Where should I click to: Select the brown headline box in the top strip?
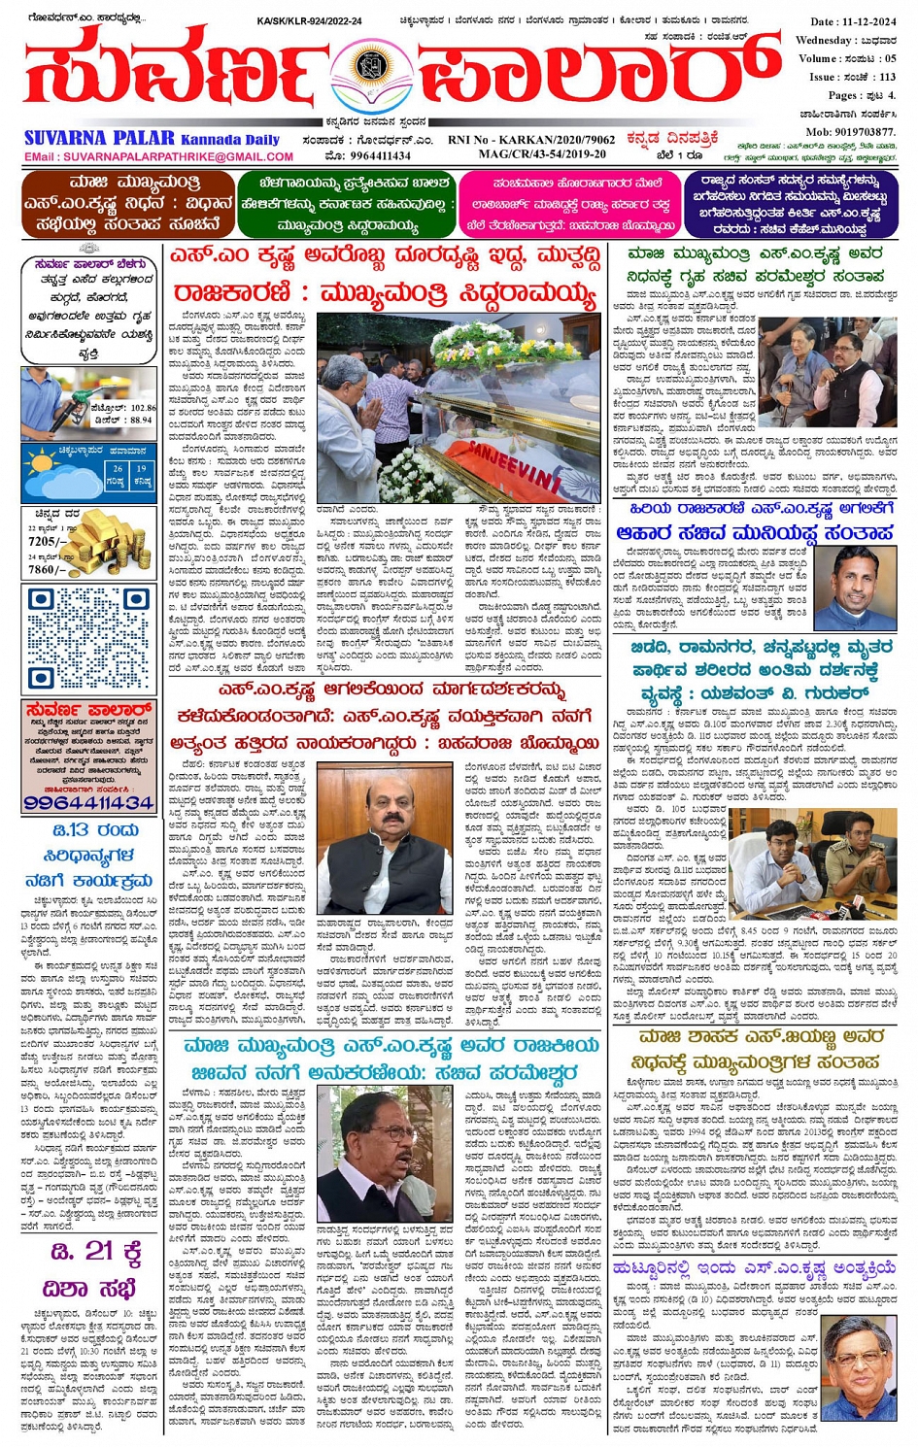tap(128, 204)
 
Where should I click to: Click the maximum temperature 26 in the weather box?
tap(117, 468)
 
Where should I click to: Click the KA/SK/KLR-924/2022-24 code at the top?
tap(309, 20)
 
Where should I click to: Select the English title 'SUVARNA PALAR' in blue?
tap(99, 139)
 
